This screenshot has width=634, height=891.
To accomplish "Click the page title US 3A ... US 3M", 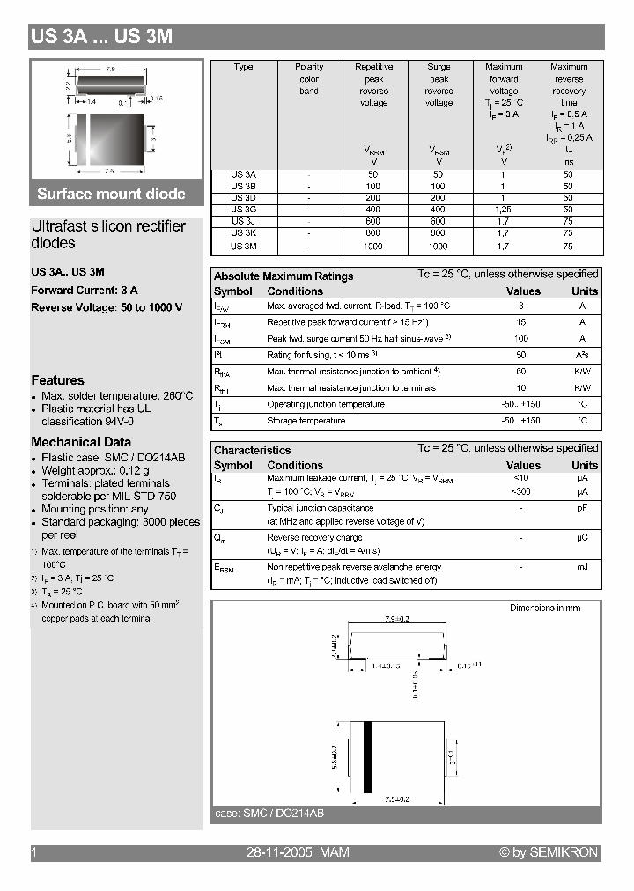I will pyautogui.click(x=101, y=37).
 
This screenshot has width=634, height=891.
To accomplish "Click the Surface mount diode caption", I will pyautogui.click(x=111, y=194).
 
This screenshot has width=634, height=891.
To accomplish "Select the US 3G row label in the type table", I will pyautogui.click(x=243, y=210).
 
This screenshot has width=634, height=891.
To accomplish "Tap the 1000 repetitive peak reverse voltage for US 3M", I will pyautogui.click(x=373, y=247).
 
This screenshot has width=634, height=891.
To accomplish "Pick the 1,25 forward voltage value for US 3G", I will pyautogui.click(x=504, y=210).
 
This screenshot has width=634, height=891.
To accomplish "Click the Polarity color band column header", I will pyautogui.click(x=309, y=79).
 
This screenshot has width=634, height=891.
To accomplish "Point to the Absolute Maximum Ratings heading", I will pyautogui.click(x=284, y=276).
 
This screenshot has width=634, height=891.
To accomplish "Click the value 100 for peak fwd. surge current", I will pyautogui.click(x=522, y=339).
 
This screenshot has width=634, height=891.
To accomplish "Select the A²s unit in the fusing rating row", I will pyautogui.click(x=582, y=355).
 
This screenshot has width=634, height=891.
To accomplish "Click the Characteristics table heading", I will pyautogui.click(x=252, y=450).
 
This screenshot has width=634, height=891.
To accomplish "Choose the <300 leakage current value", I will pyautogui.click(x=522, y=491).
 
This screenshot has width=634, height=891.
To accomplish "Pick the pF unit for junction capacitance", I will pyautogui.click(x=582, y=509).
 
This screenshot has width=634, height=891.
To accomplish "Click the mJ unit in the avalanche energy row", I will pyautogui.click(x=582, y=567).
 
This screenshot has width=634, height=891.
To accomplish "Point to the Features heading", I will pyautogui.click(x=57, y=380).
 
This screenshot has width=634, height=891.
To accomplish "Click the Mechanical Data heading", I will pyautogui.click(x=81, y=442).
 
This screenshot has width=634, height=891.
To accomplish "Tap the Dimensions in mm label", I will pyautogui.click(x=545, y=608).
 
